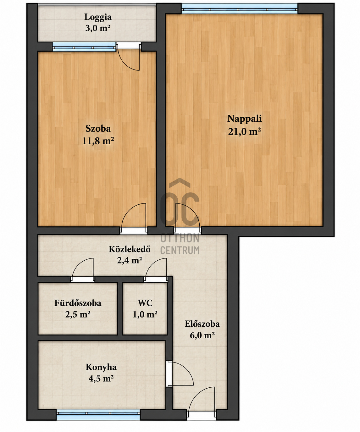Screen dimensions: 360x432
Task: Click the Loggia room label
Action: (98, 17)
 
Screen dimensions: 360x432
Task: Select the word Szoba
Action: (98, 129)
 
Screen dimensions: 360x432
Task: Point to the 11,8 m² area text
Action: (98, 141)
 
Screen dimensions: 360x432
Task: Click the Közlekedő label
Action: (130, 249)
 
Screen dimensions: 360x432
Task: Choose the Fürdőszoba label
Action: (78, 303)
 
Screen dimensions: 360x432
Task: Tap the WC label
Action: (145, 303)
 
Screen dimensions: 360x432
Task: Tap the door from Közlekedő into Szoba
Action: (134, 219)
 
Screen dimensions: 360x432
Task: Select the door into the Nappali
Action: (187, 219)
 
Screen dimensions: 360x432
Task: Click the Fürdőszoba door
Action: (83, 270)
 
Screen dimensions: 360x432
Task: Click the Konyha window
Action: (98, 415)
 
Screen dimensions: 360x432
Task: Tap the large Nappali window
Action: (240, 8)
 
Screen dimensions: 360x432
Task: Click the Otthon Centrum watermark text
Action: (180, 244)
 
